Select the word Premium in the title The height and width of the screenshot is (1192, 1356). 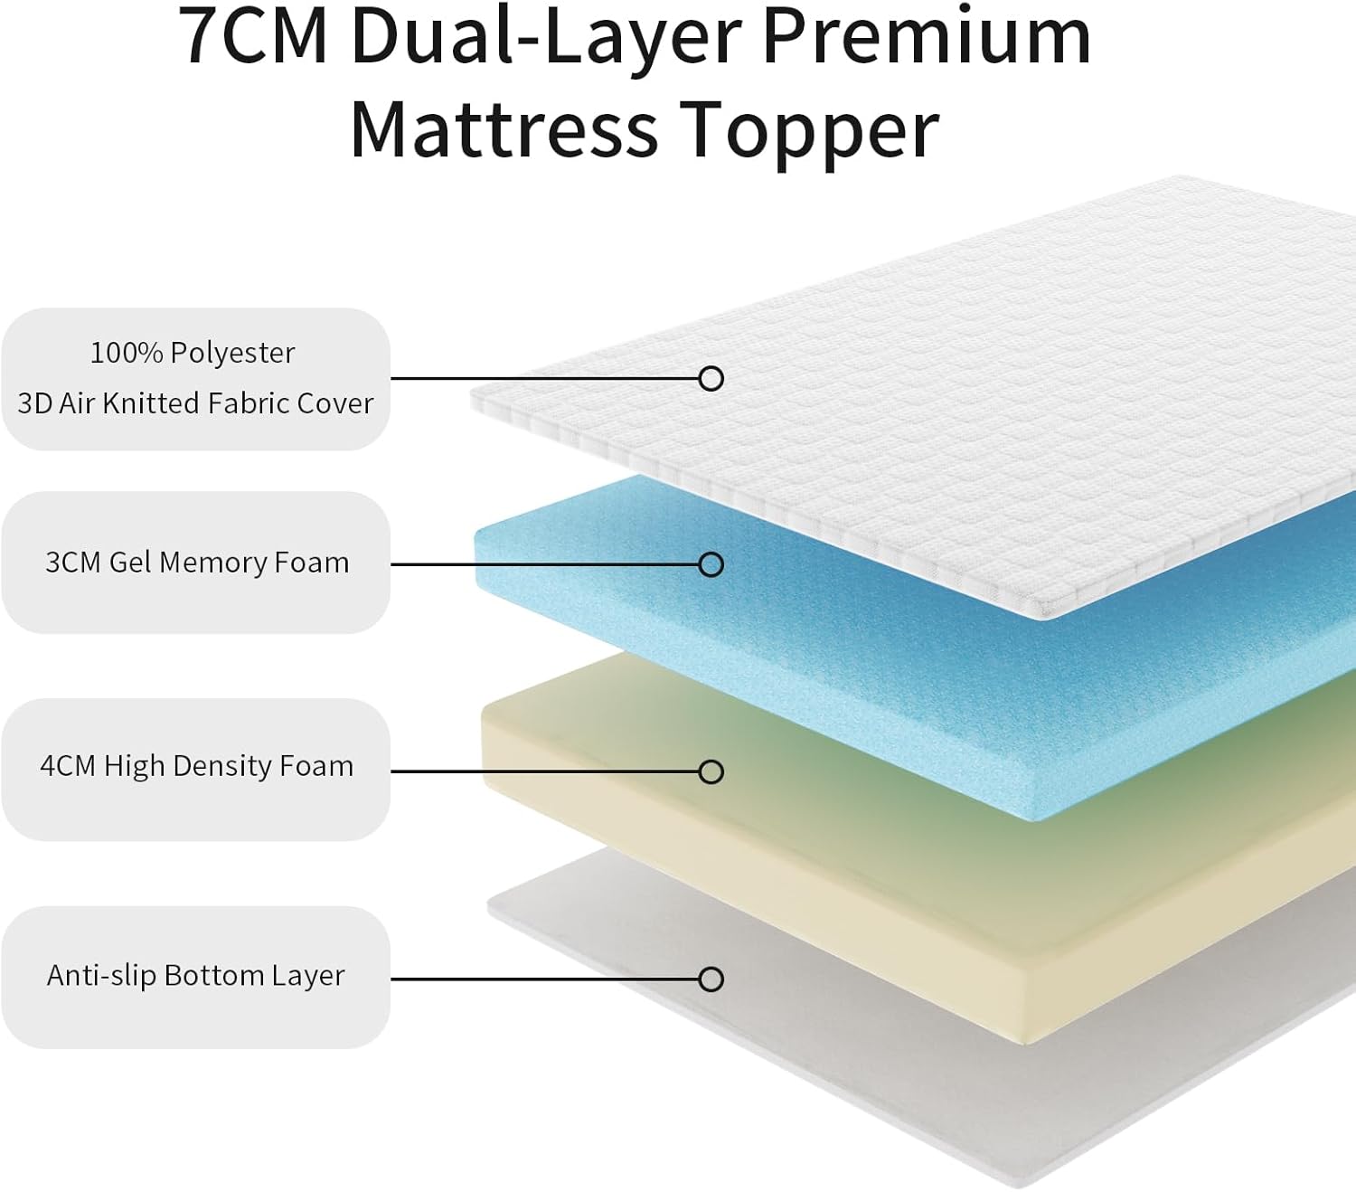tap(926, 38)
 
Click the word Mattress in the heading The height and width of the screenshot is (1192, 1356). tap(504, 130)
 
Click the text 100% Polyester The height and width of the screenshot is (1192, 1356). tap(193, 353)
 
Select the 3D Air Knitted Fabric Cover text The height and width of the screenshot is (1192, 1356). tap(195, 403)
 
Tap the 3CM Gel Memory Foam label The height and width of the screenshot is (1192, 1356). tap(197, 563)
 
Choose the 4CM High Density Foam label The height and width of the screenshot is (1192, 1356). tap(197, 766)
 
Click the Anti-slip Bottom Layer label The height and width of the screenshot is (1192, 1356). tap(196, 975)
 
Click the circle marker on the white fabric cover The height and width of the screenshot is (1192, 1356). tap(711, 378)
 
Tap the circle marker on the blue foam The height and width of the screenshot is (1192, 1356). tap(711, 564)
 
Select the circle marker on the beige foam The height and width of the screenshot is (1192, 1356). tap(711, 771)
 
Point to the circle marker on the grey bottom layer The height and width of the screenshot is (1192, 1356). tap(711, 979)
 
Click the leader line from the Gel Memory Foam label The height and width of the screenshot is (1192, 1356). tap(542, 564)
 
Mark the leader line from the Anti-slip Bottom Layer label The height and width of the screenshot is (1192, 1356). tap(542, 979)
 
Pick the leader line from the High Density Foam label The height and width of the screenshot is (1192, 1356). tap(542, 771)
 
